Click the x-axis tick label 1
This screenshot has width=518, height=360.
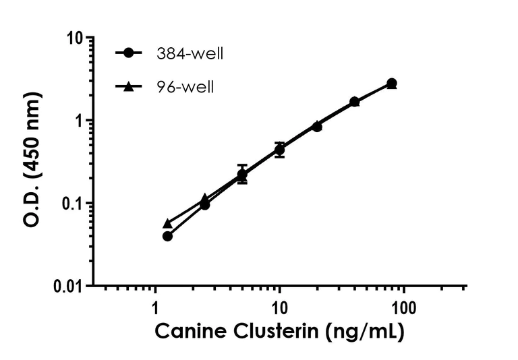[156, 307]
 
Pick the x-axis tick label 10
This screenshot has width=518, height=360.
[279, 307]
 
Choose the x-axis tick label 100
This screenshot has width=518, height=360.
[403, 307]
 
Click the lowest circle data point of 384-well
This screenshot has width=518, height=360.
[167, 236]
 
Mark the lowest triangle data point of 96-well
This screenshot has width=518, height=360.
[167, 223]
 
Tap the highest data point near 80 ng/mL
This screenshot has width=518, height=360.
[391, 83]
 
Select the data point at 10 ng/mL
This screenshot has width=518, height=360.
[279, 150]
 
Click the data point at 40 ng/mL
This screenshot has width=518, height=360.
[354, 102]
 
